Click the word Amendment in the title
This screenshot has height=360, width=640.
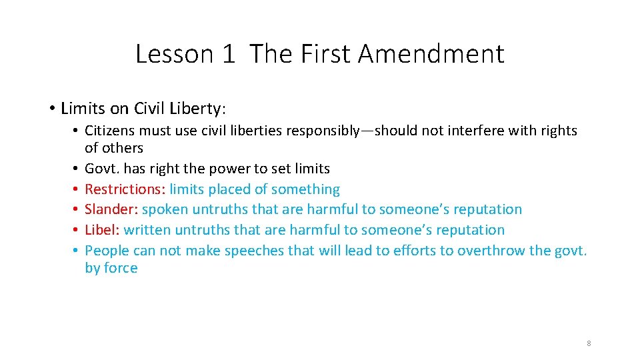[431, 53]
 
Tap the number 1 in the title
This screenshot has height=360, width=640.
[229, 53]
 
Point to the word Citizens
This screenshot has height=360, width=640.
[109, 131]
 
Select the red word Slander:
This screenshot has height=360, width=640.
[111, 209]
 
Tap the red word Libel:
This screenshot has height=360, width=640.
[102, 230]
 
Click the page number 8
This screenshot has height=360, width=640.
[589, 343]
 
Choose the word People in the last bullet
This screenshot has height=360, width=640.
[107, 251]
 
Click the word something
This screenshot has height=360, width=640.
[305, 189]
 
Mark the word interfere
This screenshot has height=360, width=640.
[478, 131]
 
